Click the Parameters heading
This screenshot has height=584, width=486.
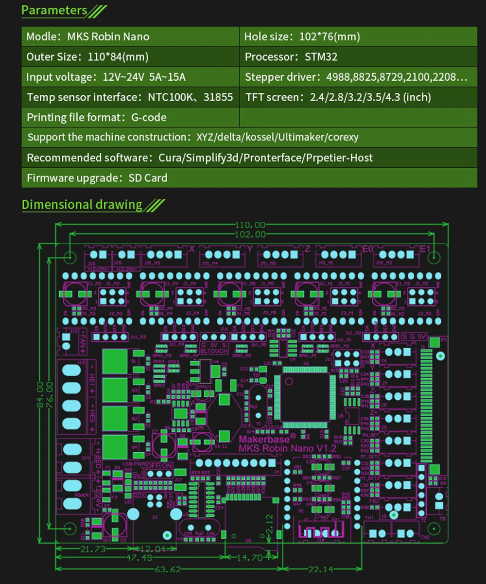click(x=54, y=10)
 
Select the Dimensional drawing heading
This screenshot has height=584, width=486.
click(x=82, y=205)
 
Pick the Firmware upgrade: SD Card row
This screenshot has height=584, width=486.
click(x=97, y=178)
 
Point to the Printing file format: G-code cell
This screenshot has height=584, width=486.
click(x=96, y=117)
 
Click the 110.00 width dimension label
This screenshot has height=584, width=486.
click(x=251, y=225)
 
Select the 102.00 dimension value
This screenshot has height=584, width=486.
click(x=251, y=234)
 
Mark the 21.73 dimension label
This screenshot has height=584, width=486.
click(x=92, y=549)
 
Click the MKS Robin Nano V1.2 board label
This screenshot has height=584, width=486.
click(x=287, y=448)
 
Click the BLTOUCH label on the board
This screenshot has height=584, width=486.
click(x=214, y=350)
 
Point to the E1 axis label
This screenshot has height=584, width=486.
click(x=425, y=249)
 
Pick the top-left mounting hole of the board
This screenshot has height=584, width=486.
click(x=69, y=256)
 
